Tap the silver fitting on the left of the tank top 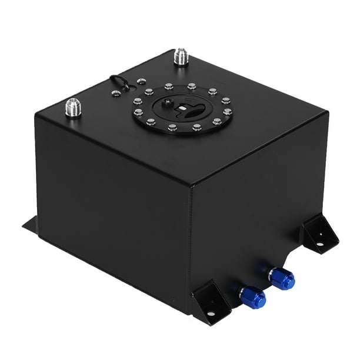tap(75, 108)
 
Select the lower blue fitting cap tap(255, 297)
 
